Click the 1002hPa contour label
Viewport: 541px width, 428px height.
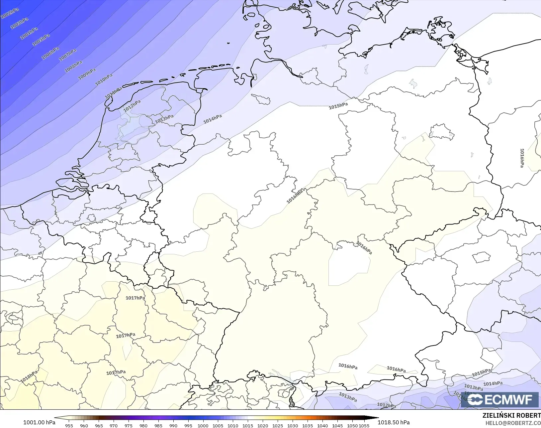click(9, 14)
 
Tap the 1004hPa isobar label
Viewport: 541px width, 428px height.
click(29, 34)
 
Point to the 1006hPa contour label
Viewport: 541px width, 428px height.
click(50, 53)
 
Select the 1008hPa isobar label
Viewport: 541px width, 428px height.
click(73, 67)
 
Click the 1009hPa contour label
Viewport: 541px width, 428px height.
click(87, 74)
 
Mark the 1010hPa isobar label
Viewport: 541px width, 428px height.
click(104, 80)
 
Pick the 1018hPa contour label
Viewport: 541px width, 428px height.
click(29, 377)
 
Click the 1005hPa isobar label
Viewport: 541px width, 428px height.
click(41, 40)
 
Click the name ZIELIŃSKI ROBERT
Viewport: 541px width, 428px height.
click(511, 416)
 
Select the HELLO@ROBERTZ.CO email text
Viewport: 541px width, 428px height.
click(513, 423)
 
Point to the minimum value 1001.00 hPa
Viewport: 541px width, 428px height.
click(39, 422)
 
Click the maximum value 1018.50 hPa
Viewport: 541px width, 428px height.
click(394, 422)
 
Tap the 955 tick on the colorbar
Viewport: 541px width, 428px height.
click(69, 426)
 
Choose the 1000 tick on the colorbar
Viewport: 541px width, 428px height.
click(203, 426)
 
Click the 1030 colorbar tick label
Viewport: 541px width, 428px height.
click(292, 426)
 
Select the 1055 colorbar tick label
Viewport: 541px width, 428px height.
click(364, 426)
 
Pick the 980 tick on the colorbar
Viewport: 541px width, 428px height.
click(143, 426)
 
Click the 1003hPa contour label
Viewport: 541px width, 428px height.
click(19, 23)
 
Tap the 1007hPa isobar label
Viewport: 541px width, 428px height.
click(68, 55)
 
